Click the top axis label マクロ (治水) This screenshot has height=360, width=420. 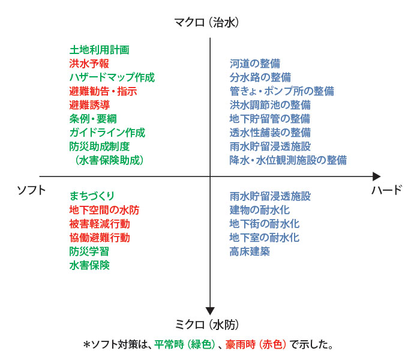(x=206, y=23)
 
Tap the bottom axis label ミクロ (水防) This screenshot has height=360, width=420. (x=206, y=325)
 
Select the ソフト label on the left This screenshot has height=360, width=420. (x=31, y=190)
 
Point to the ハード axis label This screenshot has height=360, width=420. (x=387, y=190)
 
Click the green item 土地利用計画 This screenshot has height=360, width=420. (x=100, y=50)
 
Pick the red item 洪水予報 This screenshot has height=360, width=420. (x=89, y=64)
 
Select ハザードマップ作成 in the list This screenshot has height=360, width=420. (x=112, y=77)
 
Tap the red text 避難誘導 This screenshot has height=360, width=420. (x=89, y=105)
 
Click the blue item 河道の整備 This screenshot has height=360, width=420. (x=255, y=64)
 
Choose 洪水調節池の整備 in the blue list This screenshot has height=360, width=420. (x=270, y=105)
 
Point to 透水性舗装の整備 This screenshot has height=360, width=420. (x=270, y=133)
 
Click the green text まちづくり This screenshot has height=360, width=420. (x=92, y=196)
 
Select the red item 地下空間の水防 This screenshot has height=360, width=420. (x=104, y=210)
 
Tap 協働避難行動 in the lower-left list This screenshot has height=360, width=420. (x=100, y=238)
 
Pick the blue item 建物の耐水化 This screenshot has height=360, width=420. (x=260, y=210)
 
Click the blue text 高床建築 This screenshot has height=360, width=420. (x=250, y=251)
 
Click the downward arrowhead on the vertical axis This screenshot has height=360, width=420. (x=210, y=311)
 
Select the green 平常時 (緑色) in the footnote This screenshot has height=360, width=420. (x=185, y=344)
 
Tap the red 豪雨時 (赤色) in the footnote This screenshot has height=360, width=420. (x=256, y=344)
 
